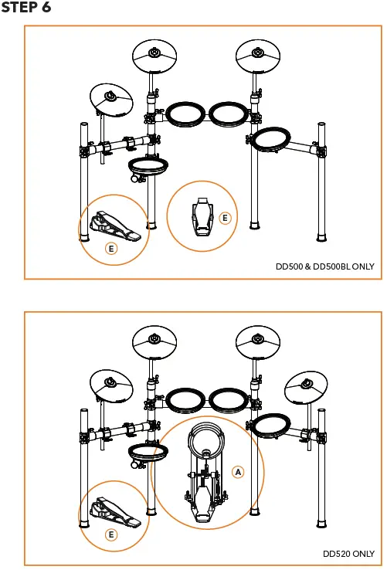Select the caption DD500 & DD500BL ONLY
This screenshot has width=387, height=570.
pyautogui.click(x=324, y=266)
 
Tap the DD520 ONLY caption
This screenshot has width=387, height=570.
pyautogui.click(x=348, y=554)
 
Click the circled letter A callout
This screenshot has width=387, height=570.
pyautogui.click(x=238, y=471)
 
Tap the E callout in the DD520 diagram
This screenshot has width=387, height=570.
pyautogui.click(x=111, y=534)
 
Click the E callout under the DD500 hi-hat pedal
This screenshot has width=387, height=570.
pyautogui.click(x=111, y=249)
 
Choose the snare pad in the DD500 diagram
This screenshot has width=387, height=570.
pyautogui.click(x=148, y=165)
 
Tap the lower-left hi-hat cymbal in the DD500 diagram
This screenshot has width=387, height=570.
pyautogui.click(x=111, y=97)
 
